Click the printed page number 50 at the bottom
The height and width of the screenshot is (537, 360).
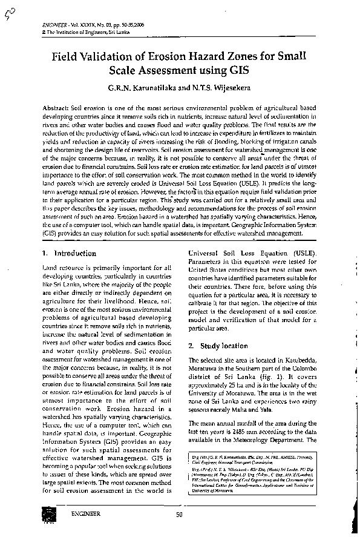(x=179, y=515)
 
